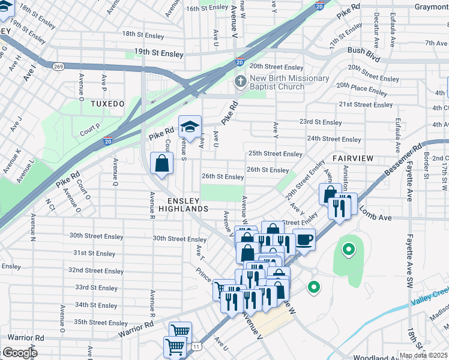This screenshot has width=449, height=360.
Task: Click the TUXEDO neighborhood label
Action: [x=107, y=104]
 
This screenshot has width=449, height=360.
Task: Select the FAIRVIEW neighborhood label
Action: [x=353, y=158]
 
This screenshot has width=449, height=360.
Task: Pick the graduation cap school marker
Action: [x=190, y=127]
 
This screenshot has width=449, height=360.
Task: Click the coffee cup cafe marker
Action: [x=304, y=239]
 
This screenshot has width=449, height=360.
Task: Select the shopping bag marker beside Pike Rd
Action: [x=162, y=163]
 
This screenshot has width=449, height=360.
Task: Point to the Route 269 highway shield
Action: [x=58, y=66]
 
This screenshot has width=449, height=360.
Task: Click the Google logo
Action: [x=20, y=353]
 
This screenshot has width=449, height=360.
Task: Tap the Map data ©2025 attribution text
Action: [x=423, y=355]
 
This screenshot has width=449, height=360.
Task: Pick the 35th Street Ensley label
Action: [x=101, y=323]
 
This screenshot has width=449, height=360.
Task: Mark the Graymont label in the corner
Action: [x=431, y=7]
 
